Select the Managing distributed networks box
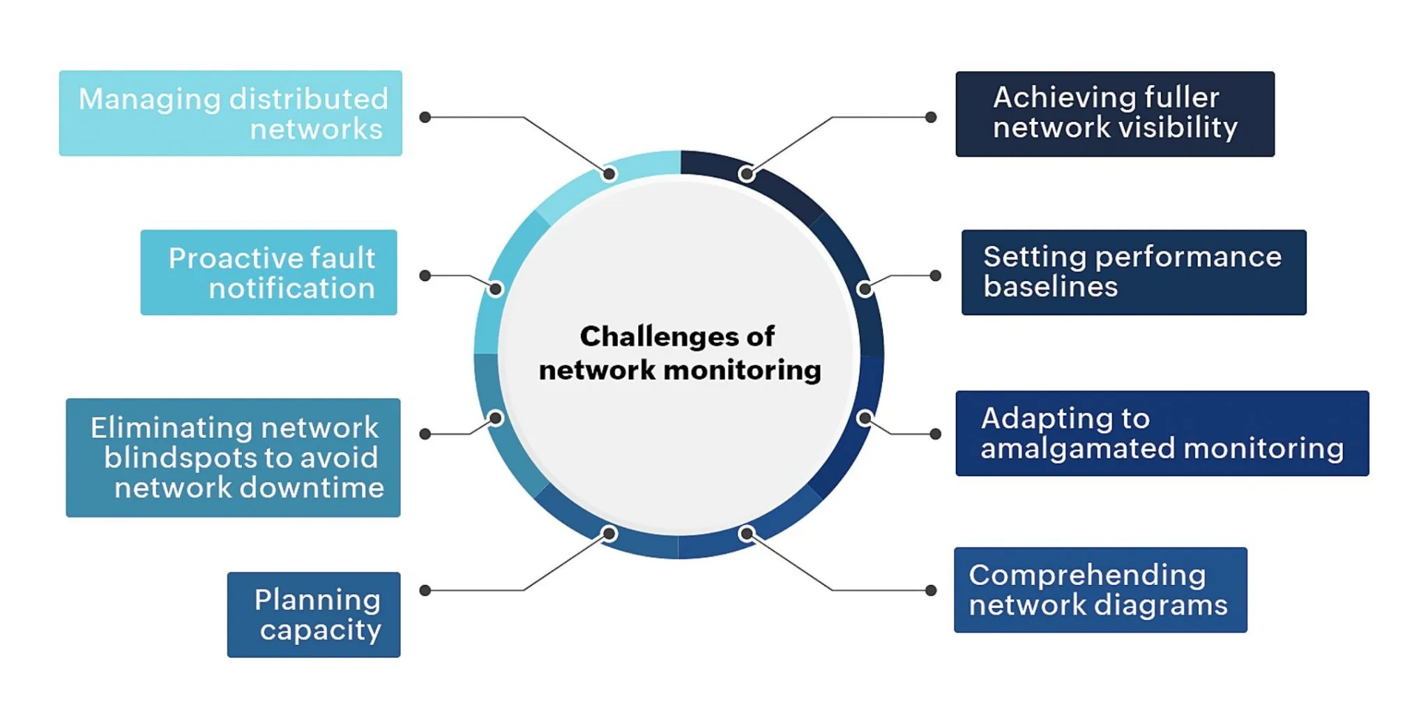(230, 114)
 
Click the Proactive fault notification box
(268, 273)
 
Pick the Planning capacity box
(314, 615)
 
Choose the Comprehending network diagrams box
(1100, 590)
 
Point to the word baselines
(1050, 287)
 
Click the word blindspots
(181, 458)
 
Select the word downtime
(312, 488)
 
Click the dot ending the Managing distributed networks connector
(425, 117)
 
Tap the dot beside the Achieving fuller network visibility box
(931, 117)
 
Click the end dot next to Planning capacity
(425, 591)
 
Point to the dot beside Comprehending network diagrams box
(931, 591)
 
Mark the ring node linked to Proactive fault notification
(496, 289)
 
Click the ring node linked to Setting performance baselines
(864, 289)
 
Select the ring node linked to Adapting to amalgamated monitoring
(864, 418)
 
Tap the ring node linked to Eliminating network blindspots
(496, 418)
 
